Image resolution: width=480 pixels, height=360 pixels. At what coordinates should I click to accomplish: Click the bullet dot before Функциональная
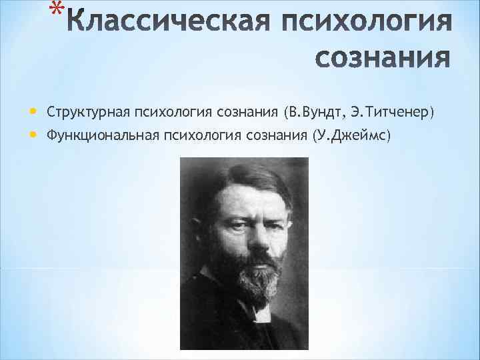[34, 135]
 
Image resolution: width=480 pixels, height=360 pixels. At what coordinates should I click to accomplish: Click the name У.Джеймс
[354, 136]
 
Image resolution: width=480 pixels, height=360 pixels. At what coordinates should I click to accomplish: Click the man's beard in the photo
[249, 280]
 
